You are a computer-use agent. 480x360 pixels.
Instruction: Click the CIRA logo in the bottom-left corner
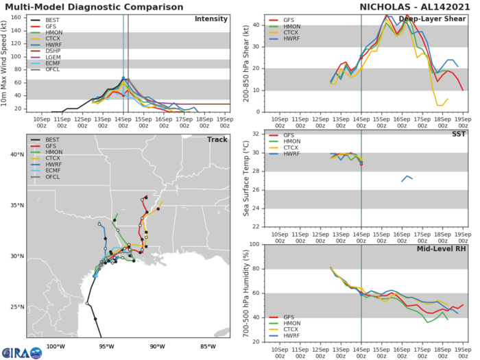(x=21, y=352)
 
